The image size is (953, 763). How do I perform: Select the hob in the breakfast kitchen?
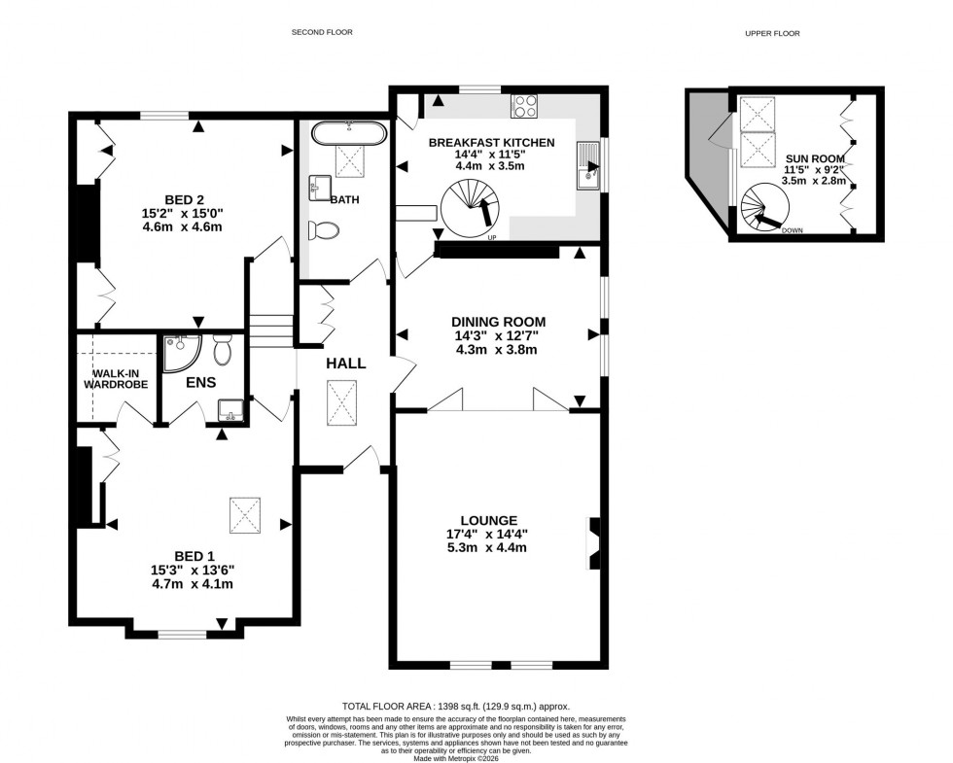coord(525,105)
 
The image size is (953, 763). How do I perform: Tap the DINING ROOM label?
coord(498,322)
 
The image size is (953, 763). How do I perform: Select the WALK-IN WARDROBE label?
coord(120,379)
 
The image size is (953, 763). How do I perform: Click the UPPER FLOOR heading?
coord(771,33)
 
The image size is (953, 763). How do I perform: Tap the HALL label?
coord(345,364)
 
